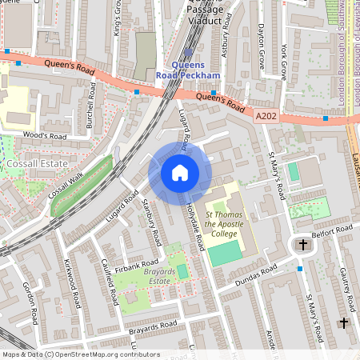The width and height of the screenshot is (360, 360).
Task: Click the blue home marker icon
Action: click(x=180, y=173)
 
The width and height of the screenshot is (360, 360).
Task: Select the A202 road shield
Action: click(x=266, y=116)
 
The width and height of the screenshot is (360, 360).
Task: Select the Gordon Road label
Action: click(x=30, y=302)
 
